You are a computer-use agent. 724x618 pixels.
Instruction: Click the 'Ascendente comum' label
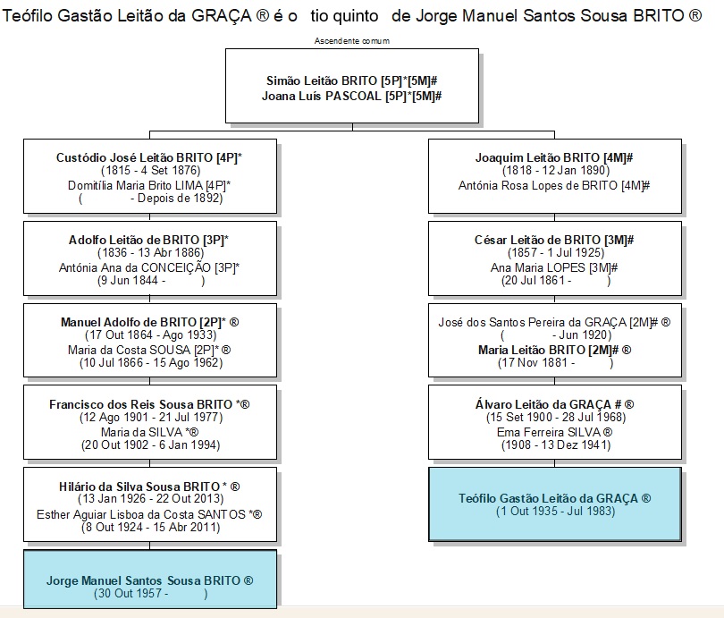click(352, 40)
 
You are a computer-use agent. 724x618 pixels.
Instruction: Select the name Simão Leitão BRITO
click(322, 80)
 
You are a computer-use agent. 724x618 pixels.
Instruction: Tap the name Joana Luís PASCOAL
click(322, 96)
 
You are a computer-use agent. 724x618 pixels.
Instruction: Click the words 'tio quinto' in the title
click(344, 16)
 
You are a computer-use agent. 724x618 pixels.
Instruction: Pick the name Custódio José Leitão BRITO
click(134, 157)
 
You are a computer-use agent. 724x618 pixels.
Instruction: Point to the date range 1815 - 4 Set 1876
click(151, 171)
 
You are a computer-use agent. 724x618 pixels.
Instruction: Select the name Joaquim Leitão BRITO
click(538, 157)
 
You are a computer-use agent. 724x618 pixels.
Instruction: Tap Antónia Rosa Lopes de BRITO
click(538, 185)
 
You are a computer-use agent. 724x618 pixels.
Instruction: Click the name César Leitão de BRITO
click(538, 240)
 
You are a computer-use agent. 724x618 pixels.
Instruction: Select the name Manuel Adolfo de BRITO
click(129, 322)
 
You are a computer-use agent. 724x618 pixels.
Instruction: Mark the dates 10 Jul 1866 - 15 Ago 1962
click(151, 362)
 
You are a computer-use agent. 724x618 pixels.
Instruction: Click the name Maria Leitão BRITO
click(532, 350)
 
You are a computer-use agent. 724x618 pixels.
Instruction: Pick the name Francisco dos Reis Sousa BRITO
click(141, 404)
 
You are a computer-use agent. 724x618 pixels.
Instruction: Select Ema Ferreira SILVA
click(549, 432)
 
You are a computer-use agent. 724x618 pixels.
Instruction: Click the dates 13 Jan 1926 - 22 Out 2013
click(151, 499)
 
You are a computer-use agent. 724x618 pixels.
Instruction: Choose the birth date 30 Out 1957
click(128, 593)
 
